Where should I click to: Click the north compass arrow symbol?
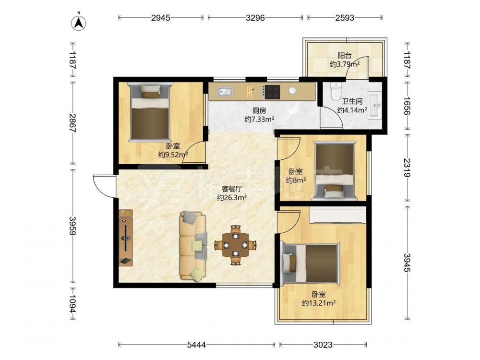(x=78, y=22)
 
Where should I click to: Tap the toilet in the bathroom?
(x=336, y=91)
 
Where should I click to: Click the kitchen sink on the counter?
(x=225, y=92)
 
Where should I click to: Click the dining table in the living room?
(x=235, y=245)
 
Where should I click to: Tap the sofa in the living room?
(x=193, y=246)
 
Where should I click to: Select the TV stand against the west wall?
(x=126, y=238)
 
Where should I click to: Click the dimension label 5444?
(x=196, y=345)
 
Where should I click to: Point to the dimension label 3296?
(x=255, y=18)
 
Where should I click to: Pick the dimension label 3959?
(x=72, y=226)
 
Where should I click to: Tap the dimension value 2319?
(x=407, y=168)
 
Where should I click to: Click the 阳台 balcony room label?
(x=345, y=55)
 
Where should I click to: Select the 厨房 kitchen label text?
(x=259, y=110)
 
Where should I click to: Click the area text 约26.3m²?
(x=232, y=198)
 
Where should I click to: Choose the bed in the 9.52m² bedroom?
(x=150, y=112)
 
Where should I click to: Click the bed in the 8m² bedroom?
(x=334, y=171)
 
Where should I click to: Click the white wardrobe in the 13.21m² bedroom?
(x=337, y=215)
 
